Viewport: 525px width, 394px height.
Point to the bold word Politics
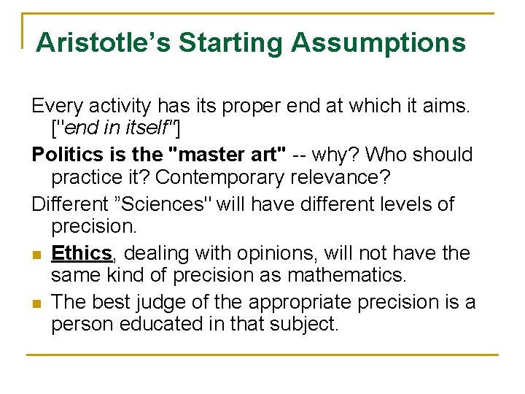[x=65, y=155]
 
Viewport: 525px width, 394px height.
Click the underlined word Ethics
[x=81, y=252]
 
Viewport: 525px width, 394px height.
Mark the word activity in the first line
[x=112, y=106]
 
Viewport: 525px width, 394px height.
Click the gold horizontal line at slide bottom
[x=262, y=355]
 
